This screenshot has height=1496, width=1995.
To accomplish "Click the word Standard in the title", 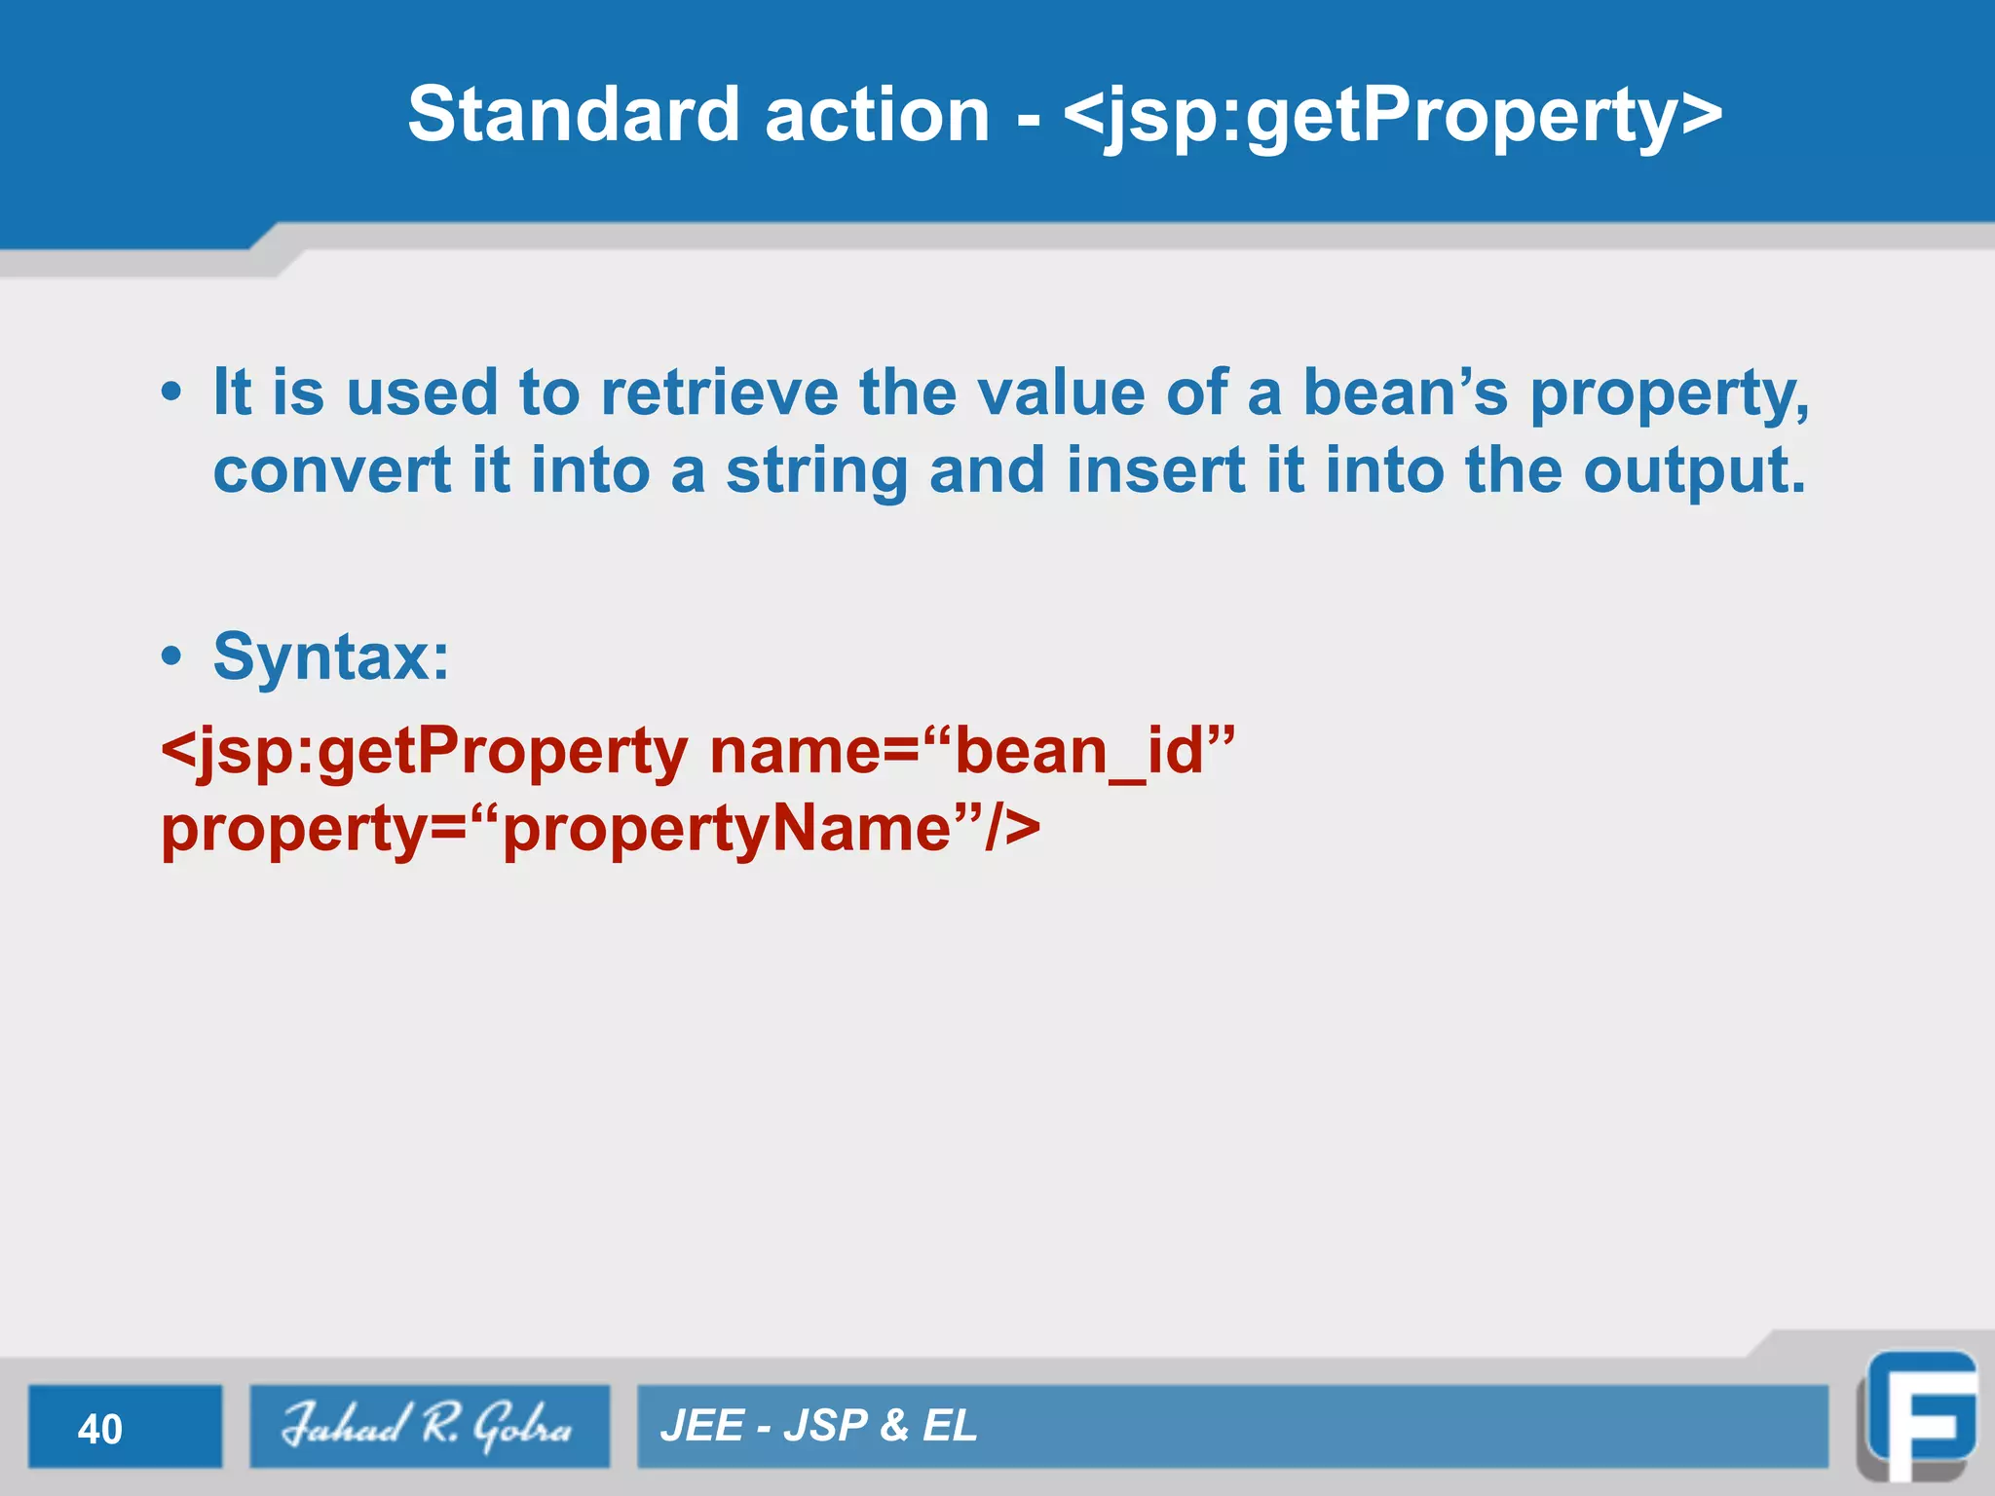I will point(574,115).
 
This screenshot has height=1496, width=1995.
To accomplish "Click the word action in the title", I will point(877,115).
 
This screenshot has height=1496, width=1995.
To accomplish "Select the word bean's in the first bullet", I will point(1405,393).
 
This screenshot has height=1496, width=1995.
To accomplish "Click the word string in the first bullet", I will point(816,472).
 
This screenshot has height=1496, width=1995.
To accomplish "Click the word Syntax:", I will point(331,657).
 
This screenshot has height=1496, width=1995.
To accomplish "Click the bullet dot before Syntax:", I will point(171,657).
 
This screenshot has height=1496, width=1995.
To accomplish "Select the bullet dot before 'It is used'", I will point(171,393).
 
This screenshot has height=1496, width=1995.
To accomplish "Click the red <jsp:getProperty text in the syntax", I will point(424,752).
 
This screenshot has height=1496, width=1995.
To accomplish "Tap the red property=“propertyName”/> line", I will point(600,830).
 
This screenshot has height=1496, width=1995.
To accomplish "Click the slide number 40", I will point(100,1429).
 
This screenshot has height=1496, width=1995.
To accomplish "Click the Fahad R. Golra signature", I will point(428,1426).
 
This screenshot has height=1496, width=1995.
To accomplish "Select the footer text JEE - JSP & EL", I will point(818,1426).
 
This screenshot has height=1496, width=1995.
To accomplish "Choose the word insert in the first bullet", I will point(1155,470).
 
